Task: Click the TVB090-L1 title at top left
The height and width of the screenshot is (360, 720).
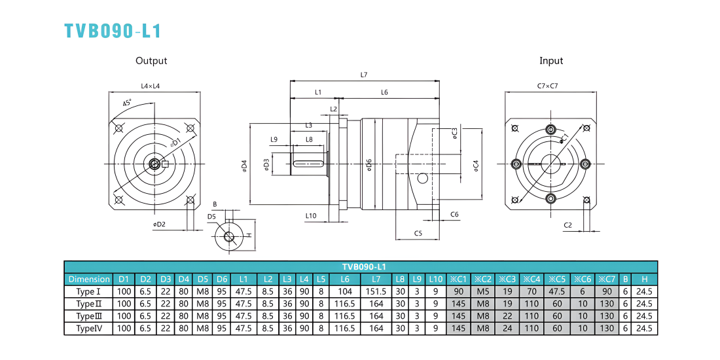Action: point(113,30)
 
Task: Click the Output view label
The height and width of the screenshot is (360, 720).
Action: point(151,61)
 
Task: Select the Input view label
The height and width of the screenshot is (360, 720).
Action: point(551,61)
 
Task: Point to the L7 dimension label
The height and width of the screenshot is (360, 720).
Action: point(364,75)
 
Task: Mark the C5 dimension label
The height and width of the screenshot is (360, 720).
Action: point(418,233)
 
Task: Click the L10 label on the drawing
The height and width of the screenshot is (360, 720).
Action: point(311,215)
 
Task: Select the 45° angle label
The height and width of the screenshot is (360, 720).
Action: point(127,102)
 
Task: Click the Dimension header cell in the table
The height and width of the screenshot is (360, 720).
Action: point(89,279)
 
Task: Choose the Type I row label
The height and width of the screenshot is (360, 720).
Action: point(88,291)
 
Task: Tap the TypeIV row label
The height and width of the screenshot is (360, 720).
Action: point(88,329)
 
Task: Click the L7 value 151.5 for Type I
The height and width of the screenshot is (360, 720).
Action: point(376,291)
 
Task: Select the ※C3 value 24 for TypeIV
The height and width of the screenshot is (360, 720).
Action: point(507,329)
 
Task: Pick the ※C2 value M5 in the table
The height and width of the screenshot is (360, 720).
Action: point(483,291)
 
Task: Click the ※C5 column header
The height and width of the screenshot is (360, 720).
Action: point(557,279)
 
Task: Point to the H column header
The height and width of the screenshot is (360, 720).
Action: point(644,279)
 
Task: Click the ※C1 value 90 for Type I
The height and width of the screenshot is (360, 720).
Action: point(458,291)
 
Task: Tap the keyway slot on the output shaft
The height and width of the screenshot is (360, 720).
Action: point(309,163)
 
